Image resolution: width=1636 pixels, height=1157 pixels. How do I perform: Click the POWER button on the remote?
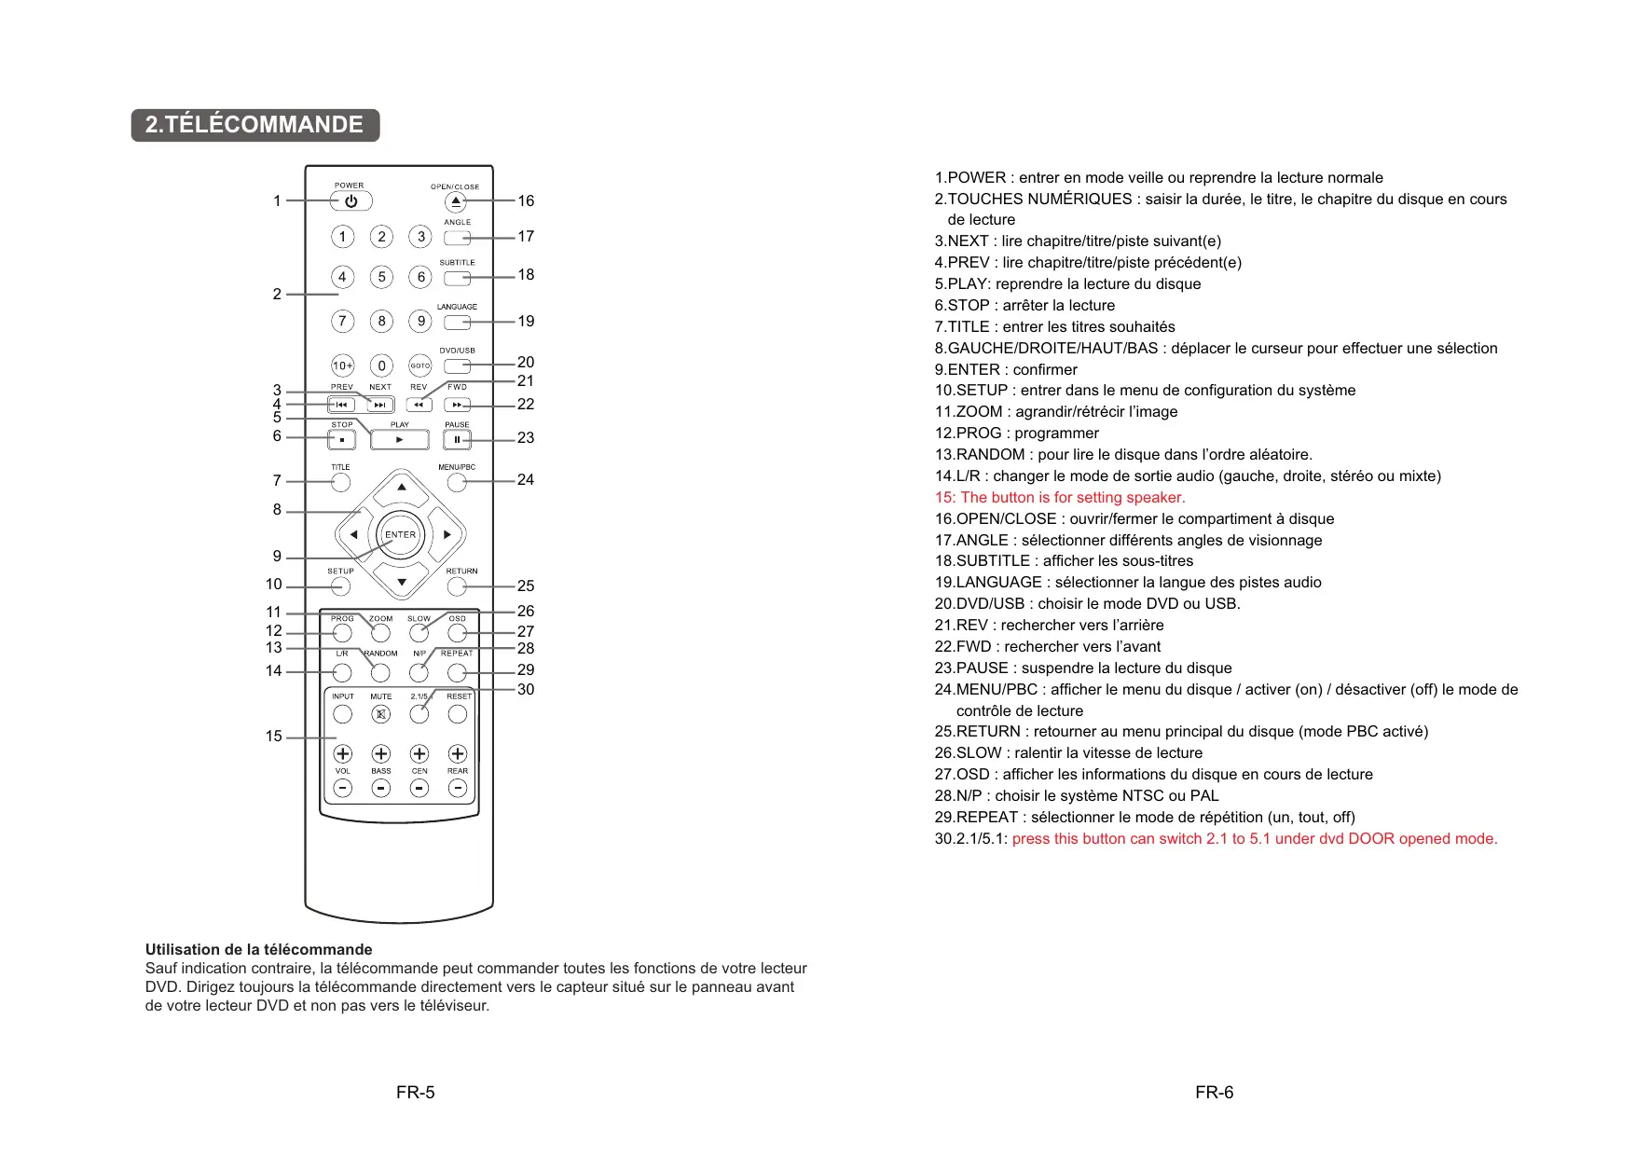[x=351, y=201]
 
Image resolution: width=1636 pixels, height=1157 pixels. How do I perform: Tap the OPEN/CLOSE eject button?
[x=456, y=201]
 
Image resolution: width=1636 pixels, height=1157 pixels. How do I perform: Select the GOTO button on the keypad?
[x=420, y=365]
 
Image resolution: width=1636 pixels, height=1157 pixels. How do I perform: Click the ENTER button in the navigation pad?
[x=401, y=535]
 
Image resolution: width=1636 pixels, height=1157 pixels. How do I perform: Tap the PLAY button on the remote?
[x=399, y=439]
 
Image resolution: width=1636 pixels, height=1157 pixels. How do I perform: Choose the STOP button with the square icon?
[x=341, y=439]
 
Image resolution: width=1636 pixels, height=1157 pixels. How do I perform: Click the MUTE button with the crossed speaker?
[x=380, y=714]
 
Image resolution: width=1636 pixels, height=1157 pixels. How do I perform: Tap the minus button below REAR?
[x=458, y=788]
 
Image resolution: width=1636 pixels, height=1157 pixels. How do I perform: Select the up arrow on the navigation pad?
[x=401, y=488]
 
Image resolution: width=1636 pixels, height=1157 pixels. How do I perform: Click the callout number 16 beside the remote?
[x=526, y=201]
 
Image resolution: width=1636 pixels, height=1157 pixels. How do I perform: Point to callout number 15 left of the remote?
[x=273, y=737]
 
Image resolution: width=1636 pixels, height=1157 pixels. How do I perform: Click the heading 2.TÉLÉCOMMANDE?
[x=254, y=125]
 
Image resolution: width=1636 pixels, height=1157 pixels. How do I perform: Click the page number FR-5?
[x=415, y=1093]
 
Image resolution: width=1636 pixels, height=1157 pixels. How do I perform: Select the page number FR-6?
[x=1214, y=1093]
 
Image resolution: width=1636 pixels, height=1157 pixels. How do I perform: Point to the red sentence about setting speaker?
[x=1060, y=498]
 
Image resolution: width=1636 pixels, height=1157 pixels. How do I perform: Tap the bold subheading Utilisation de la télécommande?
[x=258, y=950]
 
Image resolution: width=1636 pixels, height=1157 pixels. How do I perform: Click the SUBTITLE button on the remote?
[x=457, y=278]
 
